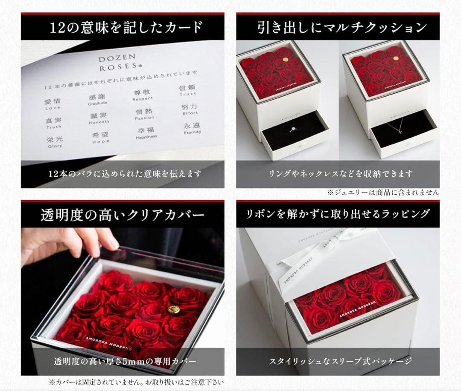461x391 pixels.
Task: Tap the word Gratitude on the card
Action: click(x=97, y=103)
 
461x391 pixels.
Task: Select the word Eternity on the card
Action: click(x=192, y=132)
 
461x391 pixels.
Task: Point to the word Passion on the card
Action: click(x=144, y=118)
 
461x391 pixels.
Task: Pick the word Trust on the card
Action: click(x=188, y=94)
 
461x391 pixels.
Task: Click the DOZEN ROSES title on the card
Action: click(x=111, y=62)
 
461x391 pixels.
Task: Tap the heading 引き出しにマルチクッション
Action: click(x=342, y=28)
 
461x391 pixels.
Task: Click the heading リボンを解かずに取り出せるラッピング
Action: click(x=338, y=214)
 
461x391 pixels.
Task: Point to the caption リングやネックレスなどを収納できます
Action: click(x=341, y=174)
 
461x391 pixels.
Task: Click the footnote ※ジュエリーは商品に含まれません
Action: click(x=383, y=193)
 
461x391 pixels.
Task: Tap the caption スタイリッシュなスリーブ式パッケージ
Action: click(x=340, y=362)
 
